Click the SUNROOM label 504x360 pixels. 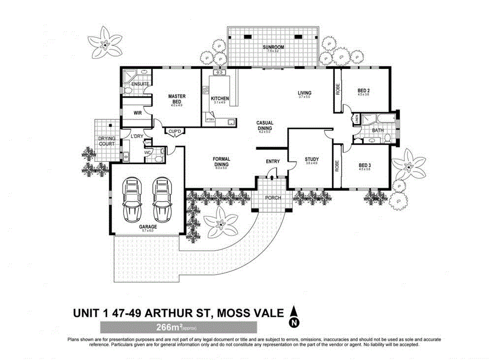pyautogui.click(x=273, y=47)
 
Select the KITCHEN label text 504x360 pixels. pyautogui.click(x=220, y=99)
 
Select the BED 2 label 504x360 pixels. pyautogui.click(x=363, y=91)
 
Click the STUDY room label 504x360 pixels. pyautogui.click(x=311, y=159)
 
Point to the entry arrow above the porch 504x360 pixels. pyautogui.click(x=272, y=177)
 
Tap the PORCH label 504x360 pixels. pyautogui.click(x=273, y=198)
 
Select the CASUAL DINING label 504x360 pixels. pyautogui.click(x=265, y=126)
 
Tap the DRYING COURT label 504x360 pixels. pyautogui.click(x=106, y=141)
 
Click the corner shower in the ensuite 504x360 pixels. pyautogui.click(x=129, y=76)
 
